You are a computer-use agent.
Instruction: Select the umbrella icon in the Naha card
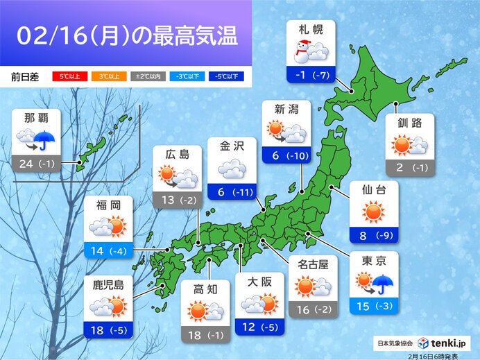(x=46, y=142)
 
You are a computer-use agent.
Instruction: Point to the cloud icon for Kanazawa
(x=232, y=169)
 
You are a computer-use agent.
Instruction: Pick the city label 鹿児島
(x=108, y=283)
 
